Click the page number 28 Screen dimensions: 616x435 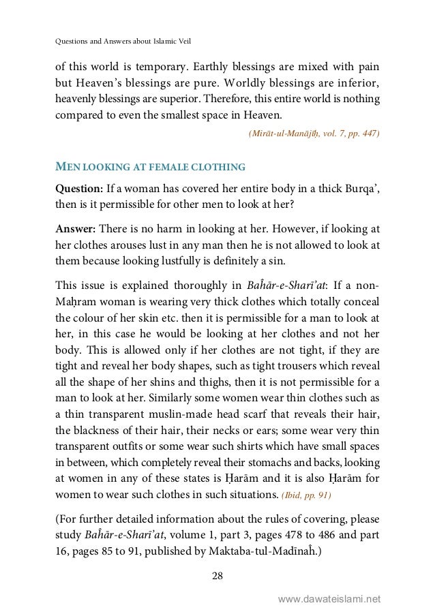coord(217,578)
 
